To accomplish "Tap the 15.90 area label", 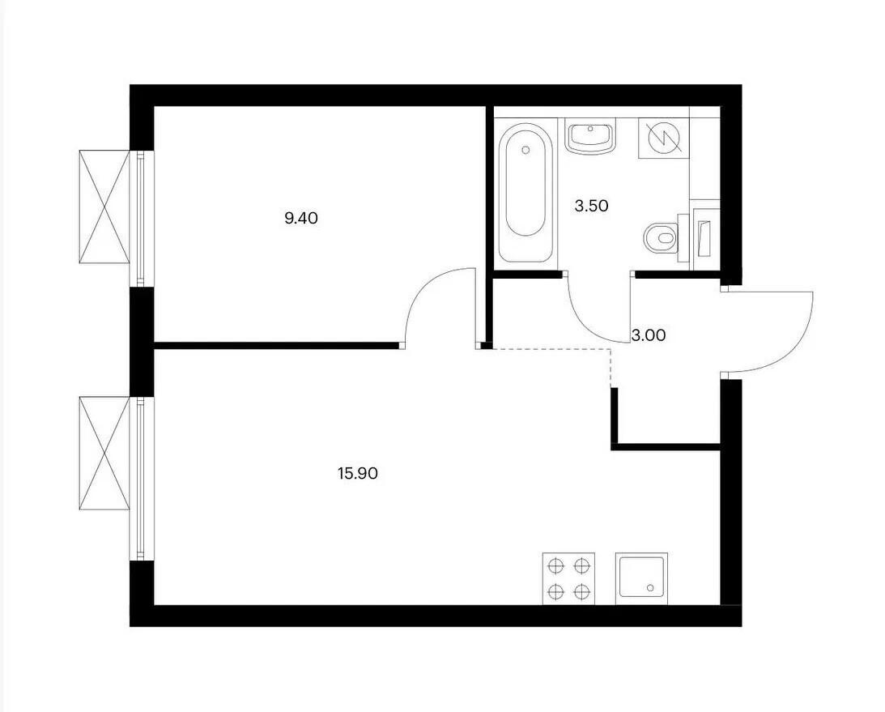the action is (358, 473).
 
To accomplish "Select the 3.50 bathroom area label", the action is (592, 206).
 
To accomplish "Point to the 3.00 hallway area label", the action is (649, 335).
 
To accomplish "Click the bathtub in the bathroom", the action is (525, 193).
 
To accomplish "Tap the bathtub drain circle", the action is (526, 150).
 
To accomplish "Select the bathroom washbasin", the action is (590, 138).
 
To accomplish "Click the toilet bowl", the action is (662, 237).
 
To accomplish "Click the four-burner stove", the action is (569, 578).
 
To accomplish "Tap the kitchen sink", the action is (642, 578).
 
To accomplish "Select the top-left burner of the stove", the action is (556, 565).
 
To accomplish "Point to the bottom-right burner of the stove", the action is (581, 591).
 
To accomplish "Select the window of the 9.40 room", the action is (141, 219).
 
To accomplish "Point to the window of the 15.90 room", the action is (141, 479).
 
